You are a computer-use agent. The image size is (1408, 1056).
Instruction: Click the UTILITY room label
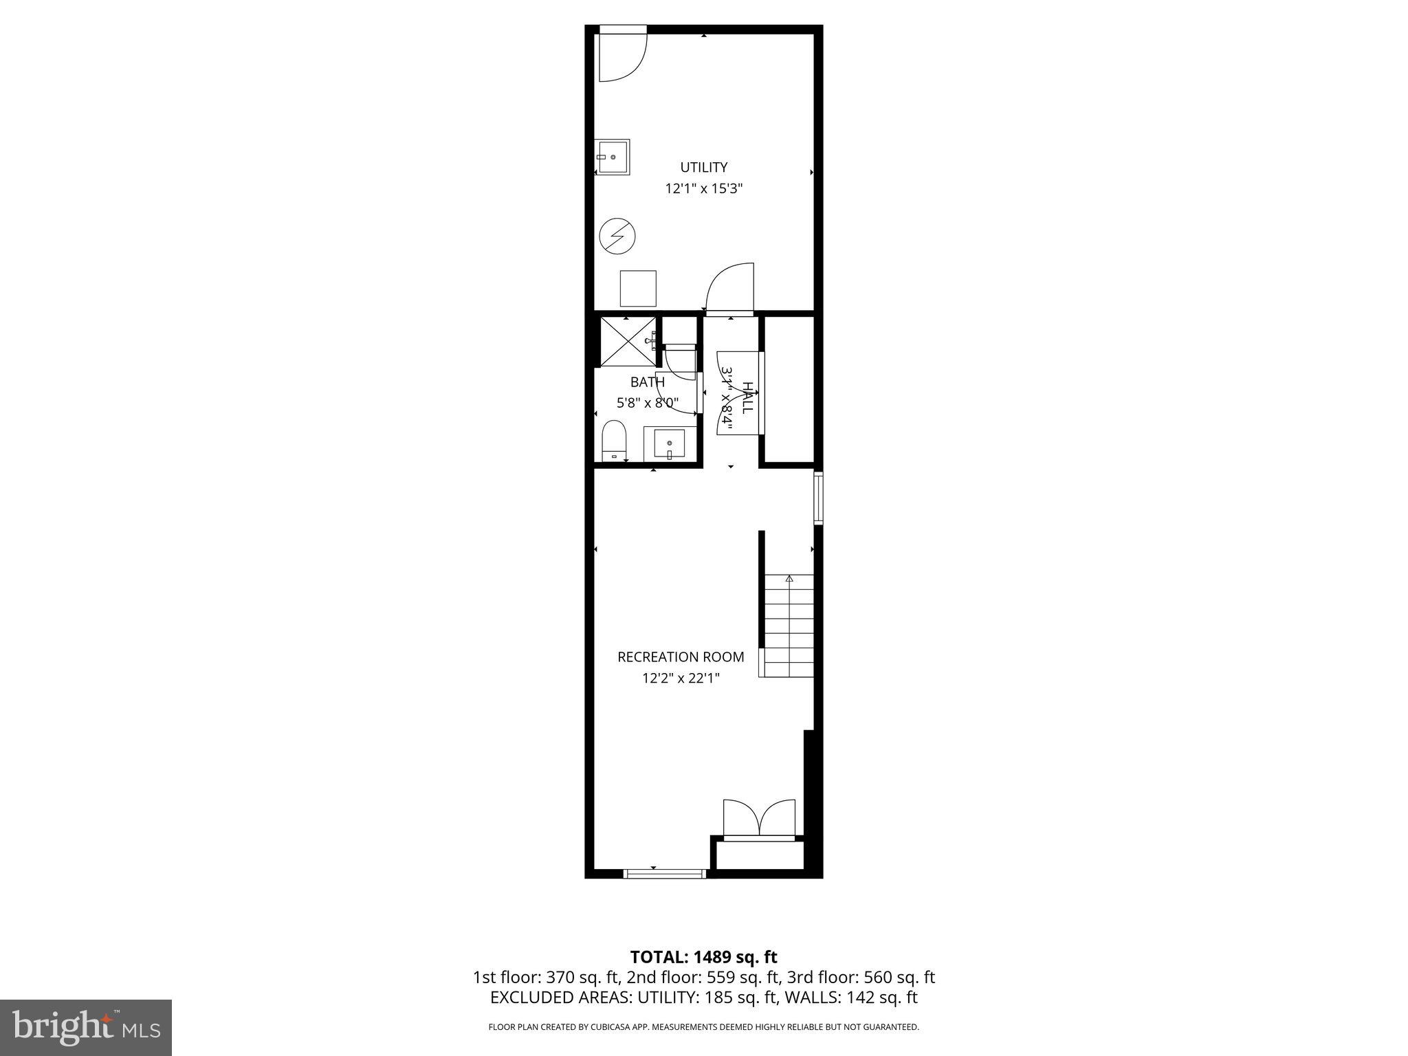pyautogui.click(x=703, y=167)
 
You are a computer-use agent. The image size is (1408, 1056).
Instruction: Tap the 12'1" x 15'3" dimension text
pyautogui.click(x=703, y=188)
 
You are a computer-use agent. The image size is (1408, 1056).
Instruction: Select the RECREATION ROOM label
pyautogui.click(x=681, y=657)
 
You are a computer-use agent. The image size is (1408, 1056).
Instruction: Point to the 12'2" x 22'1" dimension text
pyautogui.click(x=681, y=679)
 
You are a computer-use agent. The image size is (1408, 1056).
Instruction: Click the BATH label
pyautogui.click(x=647, y=382)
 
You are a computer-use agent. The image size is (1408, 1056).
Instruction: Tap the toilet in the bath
pyautogui.click(x=614, y=441)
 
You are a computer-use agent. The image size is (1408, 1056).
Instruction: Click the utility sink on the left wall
pyautogui.click(x=613, y=157)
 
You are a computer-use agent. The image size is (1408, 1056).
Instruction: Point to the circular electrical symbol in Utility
pyautogui.click(x=617, y=236)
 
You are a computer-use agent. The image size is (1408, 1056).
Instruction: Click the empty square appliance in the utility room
pyautogui.click(x=637, y=288)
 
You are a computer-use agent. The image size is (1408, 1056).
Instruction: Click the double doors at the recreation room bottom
pyautogui.click(x=759, y=819)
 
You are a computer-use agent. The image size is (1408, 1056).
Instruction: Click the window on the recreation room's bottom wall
pyautogui.click(x=664, y=874)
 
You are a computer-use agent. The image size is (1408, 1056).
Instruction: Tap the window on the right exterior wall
pyautogui.click(x=818, y=497)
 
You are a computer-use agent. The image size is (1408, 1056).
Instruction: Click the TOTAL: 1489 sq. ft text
pyautogui.click(x=703, y=956)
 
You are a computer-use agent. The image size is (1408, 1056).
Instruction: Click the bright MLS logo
pyautogui.click(x=85, y=1027)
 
